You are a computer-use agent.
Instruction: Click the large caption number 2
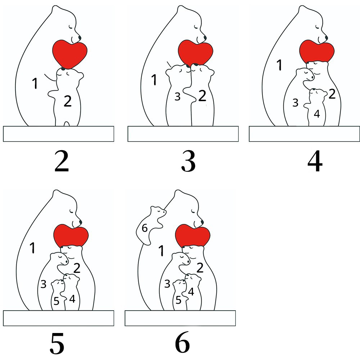click(62, 162)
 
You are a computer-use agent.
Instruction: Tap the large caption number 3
click(188, 162)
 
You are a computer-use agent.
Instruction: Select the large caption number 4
click(315, 162)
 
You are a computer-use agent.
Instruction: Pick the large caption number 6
click(183, 342)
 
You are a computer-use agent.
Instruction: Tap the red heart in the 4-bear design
click(317, 51)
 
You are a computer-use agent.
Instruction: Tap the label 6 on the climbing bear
click(144, 228)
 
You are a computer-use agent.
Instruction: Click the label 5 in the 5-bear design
click(57, 301)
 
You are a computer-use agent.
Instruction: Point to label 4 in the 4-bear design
click(317, 114)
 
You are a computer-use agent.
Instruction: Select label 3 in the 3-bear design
click(177, 97)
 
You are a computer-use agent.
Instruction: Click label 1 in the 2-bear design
click(35, 84)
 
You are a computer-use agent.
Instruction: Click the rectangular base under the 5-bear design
click(59, 318)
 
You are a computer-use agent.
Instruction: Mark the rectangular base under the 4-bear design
click(305, 134)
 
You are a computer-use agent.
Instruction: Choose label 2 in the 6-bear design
click(200, 268)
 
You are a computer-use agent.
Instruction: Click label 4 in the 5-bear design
click(72, 299)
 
